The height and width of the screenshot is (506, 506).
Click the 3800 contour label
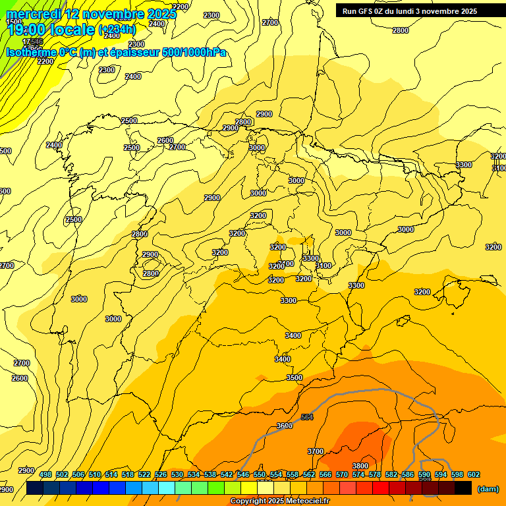(x=360, y=466)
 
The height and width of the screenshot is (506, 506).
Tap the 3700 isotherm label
(x=316, y=451)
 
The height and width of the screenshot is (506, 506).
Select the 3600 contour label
(x=285, y=426)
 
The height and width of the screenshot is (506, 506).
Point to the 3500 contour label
(x=295, y=378)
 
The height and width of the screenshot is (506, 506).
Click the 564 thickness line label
(x=307, y=417)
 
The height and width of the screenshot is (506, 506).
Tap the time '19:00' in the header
(x=26, y=29)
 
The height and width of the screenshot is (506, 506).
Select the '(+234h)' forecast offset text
(x=117, y=29)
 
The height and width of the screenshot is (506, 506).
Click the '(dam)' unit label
(x=488, y=488)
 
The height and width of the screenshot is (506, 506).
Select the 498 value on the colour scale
(x=45, y=474)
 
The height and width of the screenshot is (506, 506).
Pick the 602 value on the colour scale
(x=474, y=474)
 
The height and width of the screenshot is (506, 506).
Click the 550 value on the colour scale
(x=260, y=474)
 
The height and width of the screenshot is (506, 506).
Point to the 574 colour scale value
(x=358, y=474)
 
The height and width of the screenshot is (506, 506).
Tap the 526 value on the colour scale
(x=161, y=474)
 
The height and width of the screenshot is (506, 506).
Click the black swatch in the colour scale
(x=463, y=488)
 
